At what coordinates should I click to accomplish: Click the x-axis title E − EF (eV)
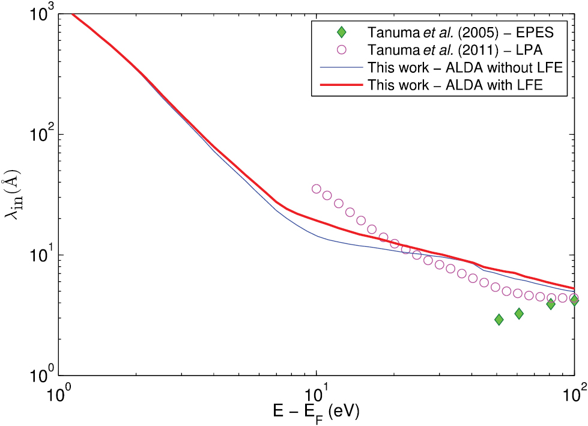coord(317,412)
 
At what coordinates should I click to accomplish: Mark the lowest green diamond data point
coord(499,320)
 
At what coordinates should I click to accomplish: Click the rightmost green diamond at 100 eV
coord(574,300)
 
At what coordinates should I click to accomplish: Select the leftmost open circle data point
coord(317,189)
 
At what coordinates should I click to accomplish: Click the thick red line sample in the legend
coord(341,85)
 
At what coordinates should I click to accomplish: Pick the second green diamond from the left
coord(519,314)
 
